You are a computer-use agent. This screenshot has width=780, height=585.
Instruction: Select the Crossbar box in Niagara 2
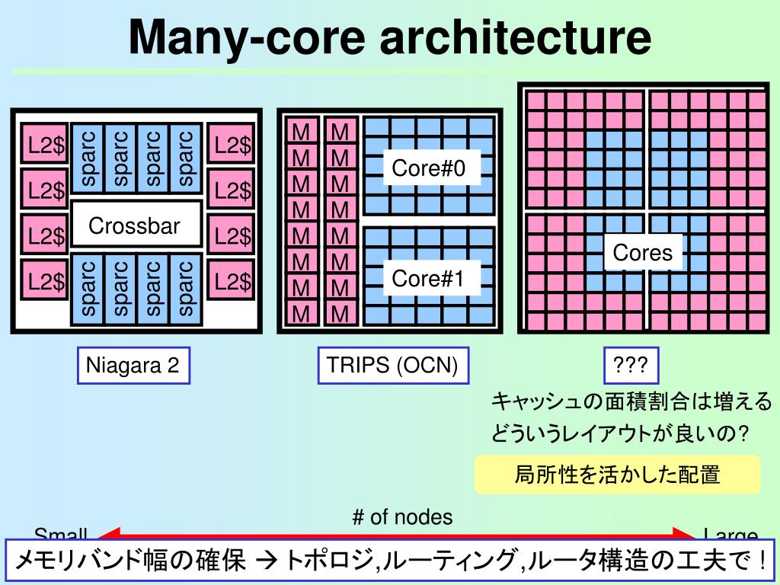tap(135, 225)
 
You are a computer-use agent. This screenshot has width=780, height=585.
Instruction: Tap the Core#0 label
tap(428, 168)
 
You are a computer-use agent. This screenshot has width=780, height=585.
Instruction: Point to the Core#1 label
tap(428, 278)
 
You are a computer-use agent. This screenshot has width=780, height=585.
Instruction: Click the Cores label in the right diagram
tap(643, 252)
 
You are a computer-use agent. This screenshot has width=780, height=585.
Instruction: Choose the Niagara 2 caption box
tap(133, 366)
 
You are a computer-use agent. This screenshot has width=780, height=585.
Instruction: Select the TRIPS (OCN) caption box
tap(392, 366)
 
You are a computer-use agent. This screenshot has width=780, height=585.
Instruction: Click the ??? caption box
tap(631, 366)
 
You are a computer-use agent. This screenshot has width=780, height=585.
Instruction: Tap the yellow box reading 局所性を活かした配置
tap(617, 475)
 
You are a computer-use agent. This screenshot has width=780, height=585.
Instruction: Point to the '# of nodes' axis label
tap(402, 517)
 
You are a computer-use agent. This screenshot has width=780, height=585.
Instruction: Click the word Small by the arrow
tap(61, 534)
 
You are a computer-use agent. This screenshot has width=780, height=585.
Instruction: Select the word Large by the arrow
tap(730, 535)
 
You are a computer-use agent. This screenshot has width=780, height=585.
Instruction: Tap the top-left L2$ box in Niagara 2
tap(45, 145)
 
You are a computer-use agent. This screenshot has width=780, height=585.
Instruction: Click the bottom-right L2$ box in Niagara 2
tap(232, 282)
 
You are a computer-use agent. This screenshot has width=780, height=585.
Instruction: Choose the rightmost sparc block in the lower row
tap(185, 288)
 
